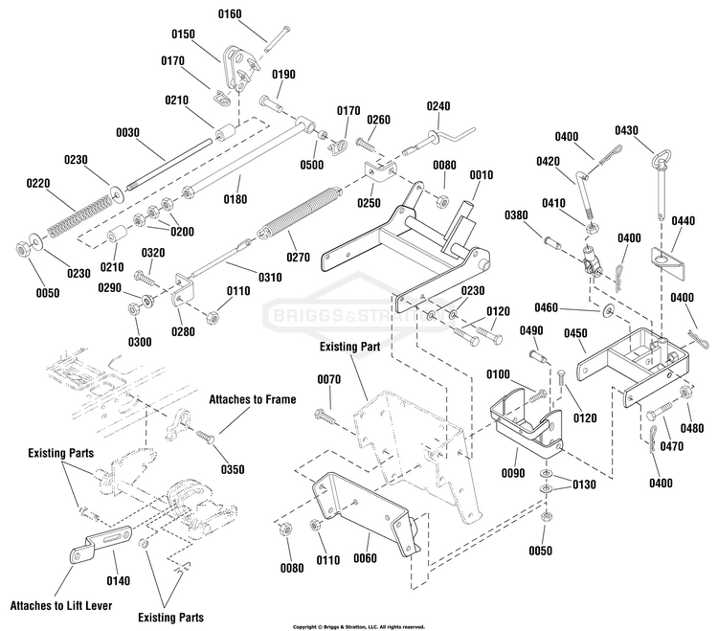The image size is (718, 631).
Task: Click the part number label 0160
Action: coord(230,14)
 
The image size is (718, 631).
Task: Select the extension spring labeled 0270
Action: coord(300,212)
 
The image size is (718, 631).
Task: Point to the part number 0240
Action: coord(438,106)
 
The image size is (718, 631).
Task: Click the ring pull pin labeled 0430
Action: coord(661,183)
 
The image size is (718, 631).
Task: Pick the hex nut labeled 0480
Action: coord(685,393)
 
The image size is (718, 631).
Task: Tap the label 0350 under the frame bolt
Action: coord(233,469)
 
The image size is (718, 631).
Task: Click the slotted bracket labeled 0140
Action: coord(101,545)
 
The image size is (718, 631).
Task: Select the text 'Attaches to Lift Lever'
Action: coord(61,606)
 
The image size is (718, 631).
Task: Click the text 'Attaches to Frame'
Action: coord(253,399)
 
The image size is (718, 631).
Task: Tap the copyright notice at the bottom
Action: coord(359,627)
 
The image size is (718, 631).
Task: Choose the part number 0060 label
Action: coord(365,558)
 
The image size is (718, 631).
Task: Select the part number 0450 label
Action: coord(575,333)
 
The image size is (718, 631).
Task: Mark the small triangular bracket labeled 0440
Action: coord(668,263)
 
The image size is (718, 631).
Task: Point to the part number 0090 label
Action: coord(513,473)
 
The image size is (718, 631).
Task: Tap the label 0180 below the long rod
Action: coord(236,199)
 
